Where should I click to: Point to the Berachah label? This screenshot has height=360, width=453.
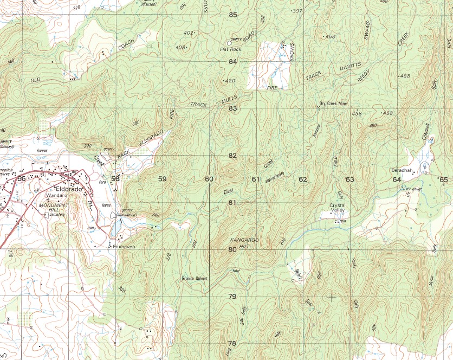coord(402,171)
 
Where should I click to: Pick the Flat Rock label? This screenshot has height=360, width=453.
coord(230,49)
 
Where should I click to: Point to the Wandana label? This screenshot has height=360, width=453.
coord(56,195)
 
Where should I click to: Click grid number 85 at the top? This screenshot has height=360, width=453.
coord(232,15)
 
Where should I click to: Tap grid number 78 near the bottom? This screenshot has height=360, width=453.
coord(232,344)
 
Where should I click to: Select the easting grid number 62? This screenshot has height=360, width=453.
coord(302,179)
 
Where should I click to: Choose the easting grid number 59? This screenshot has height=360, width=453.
coord(162,179)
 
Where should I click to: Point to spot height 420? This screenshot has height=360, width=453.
coord(231,81)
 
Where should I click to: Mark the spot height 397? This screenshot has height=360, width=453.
coord(297,11)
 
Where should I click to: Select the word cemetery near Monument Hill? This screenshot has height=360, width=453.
coord(56,215)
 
